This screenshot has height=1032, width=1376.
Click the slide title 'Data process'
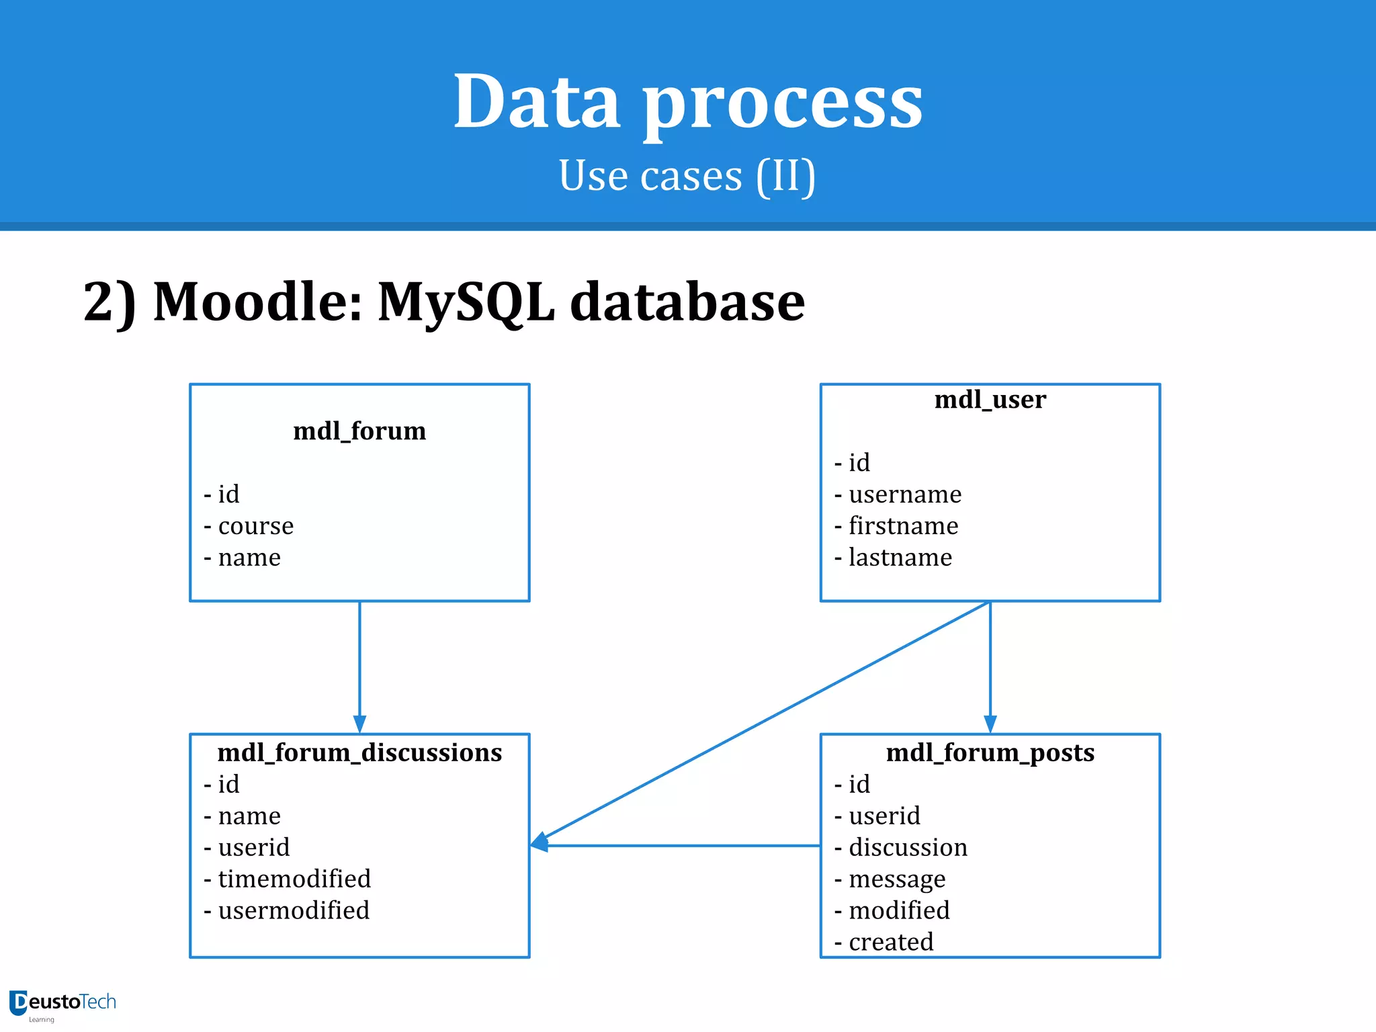[x=688, y=102]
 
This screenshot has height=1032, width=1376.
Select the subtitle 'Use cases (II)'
[x=687, y=176]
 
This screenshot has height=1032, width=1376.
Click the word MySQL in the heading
[x=466, y=302]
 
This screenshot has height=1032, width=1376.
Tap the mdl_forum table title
[x=359, y=431]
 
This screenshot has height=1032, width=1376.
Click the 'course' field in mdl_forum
[x=255, y=526]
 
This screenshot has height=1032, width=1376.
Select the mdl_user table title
[x=990, y=400]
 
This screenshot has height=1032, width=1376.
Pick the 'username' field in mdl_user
[x=904, y=494]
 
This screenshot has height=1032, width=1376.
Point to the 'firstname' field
[x=903, y=526]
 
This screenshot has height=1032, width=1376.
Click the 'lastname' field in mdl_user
[x=900, y=558]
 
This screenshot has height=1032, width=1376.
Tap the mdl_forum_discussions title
[x=359, y=752]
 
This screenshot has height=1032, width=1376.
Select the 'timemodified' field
[x=294, y=879]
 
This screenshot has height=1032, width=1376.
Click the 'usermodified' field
[x=293, y=910]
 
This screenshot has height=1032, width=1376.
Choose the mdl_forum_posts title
[x=990, y=752]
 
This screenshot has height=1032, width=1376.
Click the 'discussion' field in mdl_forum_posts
[x=908, y=847]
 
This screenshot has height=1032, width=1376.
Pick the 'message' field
[x=896, y=879]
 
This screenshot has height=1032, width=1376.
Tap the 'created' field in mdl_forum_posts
[x=890, y=942]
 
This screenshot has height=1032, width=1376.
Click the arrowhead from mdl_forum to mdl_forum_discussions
[x=359, y=724]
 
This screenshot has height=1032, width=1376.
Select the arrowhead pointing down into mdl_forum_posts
[x=990, y=724]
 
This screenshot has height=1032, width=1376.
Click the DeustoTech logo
[x=62, y=1004]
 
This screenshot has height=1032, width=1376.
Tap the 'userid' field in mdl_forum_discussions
[x=253, y=847]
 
